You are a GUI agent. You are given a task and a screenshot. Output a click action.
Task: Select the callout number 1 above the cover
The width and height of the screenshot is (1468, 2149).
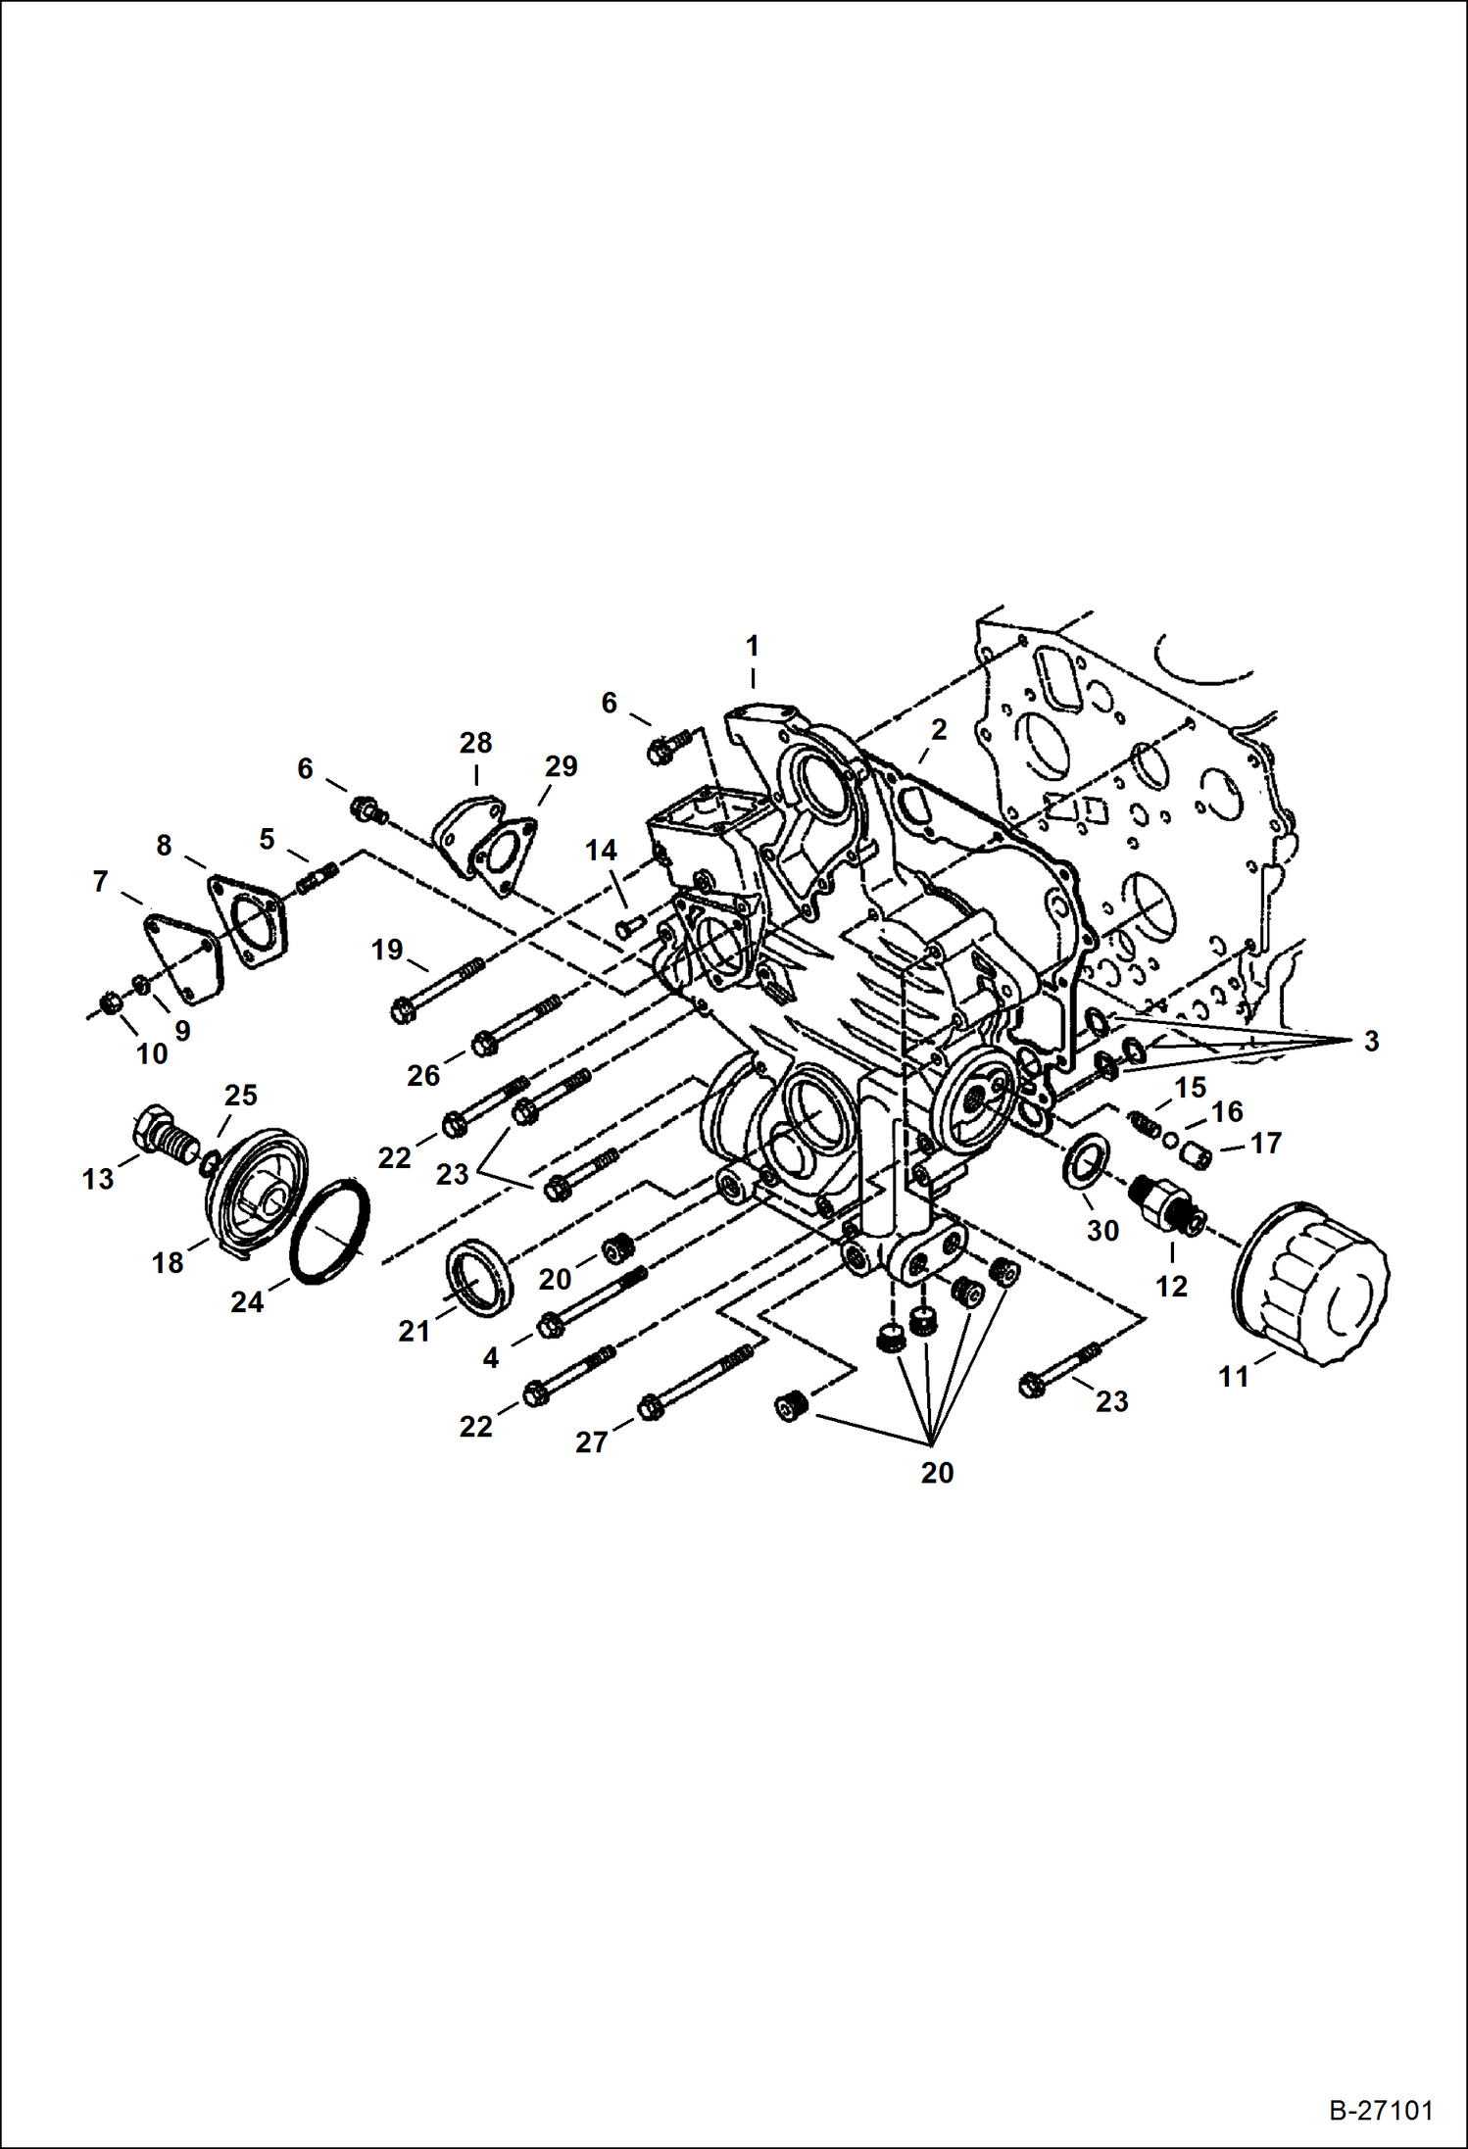752,646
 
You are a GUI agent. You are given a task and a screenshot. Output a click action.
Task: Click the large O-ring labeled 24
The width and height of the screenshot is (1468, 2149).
330,1232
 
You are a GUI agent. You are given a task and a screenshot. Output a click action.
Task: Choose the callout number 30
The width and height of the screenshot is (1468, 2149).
1102,1230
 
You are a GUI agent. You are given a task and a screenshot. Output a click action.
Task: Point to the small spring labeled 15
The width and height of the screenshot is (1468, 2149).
1144,1125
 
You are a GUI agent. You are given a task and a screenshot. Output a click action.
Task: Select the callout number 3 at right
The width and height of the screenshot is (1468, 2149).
1371,1042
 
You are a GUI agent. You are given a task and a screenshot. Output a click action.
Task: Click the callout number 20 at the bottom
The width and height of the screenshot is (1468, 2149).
937,1473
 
